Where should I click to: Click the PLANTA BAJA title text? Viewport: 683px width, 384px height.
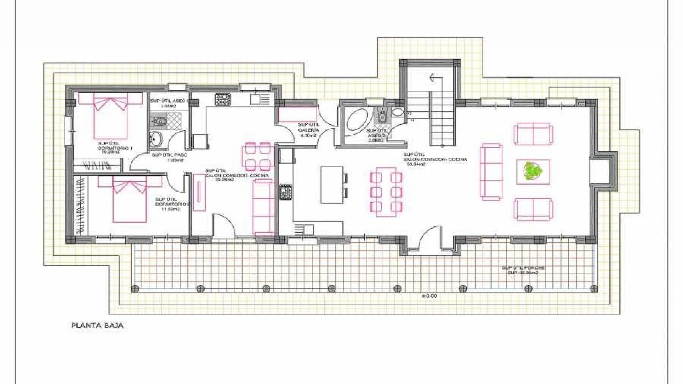pyautogui.click(x=97, y=325)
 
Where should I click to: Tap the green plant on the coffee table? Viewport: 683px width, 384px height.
pyautogui.click(x=533, y=171)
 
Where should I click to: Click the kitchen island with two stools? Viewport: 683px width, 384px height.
pyautogui.click(x=332, y=185)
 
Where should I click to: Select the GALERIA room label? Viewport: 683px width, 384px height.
pyautogui.click(x=308, y=130)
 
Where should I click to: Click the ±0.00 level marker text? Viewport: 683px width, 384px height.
pyautogui.click(x=429, y=296)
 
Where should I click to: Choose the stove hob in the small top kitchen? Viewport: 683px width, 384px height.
pyautogui.click(x=223, y=98)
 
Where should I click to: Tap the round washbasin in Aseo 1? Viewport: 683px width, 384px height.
pyautogui.click(x=155, y=139)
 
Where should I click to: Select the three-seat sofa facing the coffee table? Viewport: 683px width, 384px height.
pyautogui.click(x=491, y=171)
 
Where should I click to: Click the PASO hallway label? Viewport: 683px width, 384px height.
pyautogui.click(x=169, y=158)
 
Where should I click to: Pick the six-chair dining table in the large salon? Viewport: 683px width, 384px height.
pyautogui.click(x=386, y=192)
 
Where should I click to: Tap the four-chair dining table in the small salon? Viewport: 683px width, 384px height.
pyautogui.click(x=258, y=156)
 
